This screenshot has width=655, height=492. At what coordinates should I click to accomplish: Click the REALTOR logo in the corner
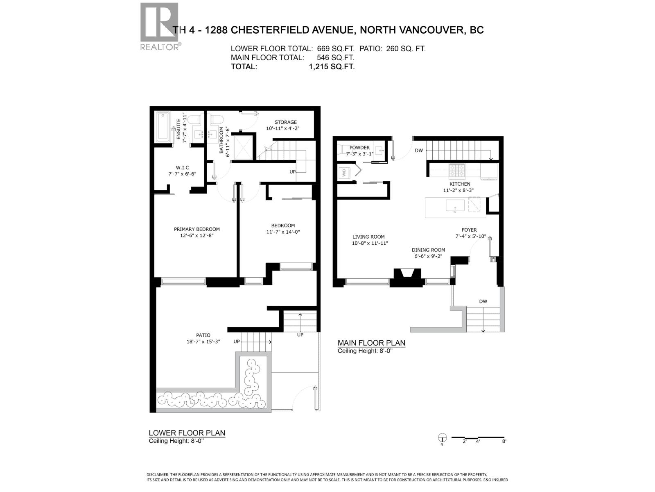pos(160,26)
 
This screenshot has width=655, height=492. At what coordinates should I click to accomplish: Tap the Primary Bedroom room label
pos(196,229)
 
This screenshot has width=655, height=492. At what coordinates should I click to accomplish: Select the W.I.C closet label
pos(182,167)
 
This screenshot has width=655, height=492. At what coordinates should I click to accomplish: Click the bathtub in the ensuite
pos(163,128)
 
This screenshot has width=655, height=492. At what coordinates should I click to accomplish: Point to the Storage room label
pos(285,122)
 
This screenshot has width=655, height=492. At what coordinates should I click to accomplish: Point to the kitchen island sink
pos(455,205)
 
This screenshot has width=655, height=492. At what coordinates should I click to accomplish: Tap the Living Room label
pos(368,237)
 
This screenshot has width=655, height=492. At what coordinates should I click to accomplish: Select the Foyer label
pos(469,230)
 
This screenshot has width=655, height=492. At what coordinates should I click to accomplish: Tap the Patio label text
pos(203,335)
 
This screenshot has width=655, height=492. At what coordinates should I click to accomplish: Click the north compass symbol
pos(442,437)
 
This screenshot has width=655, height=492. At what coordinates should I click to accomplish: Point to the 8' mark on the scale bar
pos(504,441)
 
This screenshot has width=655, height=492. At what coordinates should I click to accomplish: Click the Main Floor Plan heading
pos(371,343)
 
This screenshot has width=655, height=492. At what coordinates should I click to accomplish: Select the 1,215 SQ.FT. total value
pos(332,67)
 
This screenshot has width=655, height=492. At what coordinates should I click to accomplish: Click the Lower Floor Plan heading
pos(187,433)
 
